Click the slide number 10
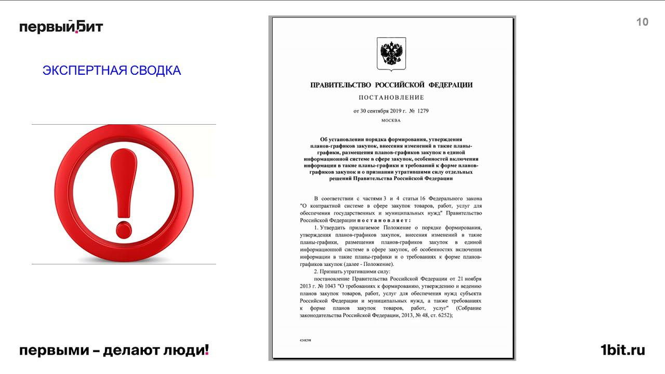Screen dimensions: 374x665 point(642,22)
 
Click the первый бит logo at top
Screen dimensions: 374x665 point(61,26)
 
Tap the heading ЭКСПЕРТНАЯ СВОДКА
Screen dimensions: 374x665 point(112,71)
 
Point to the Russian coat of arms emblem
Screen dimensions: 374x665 point(391,53)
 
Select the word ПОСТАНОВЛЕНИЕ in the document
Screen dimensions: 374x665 point(391,98)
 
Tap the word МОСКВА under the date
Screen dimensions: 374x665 point(391,121)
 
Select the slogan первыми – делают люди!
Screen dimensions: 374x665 point(114,351)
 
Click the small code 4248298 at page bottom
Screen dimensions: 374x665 point(305,340)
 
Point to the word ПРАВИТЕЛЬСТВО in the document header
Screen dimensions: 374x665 point(340,85)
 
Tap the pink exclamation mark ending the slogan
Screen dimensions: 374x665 point(207,350)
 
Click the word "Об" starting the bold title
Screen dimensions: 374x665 point(325,139)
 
